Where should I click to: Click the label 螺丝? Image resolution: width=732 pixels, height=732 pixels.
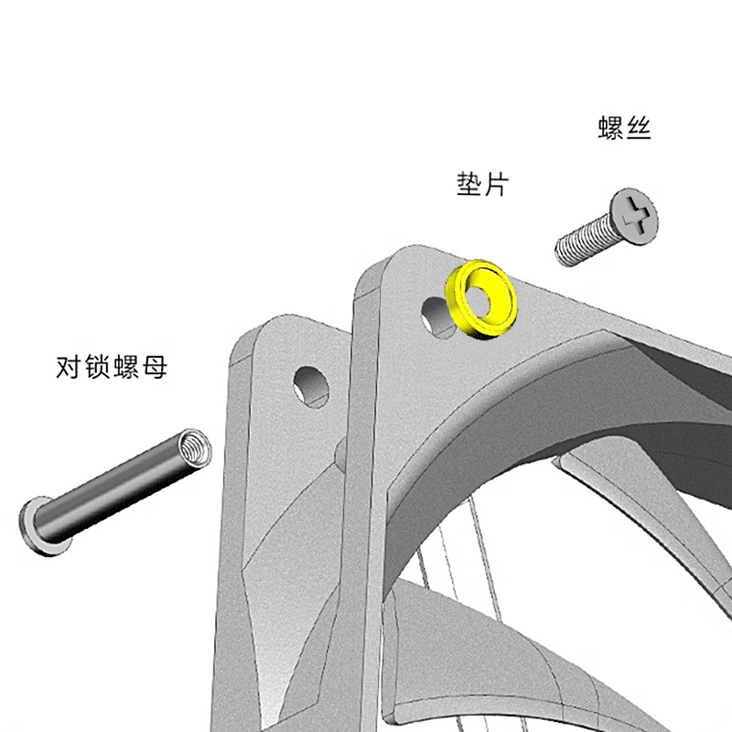click(x=624, y=128)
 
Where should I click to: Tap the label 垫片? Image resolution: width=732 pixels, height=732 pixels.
click(x=481, y=185)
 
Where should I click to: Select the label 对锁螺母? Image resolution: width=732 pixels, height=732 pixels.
click(x=112, y=369)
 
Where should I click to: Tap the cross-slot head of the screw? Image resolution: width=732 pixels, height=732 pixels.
click(x=635, y=217)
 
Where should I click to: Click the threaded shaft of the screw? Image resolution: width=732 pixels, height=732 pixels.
click(x=584, y=242)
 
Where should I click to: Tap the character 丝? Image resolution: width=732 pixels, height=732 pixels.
click(x=638, y=128)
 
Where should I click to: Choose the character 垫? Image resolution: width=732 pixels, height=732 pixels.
click(x=468, y=185)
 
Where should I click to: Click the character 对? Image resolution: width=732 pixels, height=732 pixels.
click(x=70, y=369)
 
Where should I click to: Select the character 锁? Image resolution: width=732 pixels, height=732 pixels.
click(x=98, y=369)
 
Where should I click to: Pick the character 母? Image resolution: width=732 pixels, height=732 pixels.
click(x=155, y=369)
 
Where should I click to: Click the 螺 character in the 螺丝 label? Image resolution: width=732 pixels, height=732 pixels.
click(x=610, y=128)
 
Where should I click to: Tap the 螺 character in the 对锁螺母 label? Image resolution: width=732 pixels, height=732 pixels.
click(x=126, y=369)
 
